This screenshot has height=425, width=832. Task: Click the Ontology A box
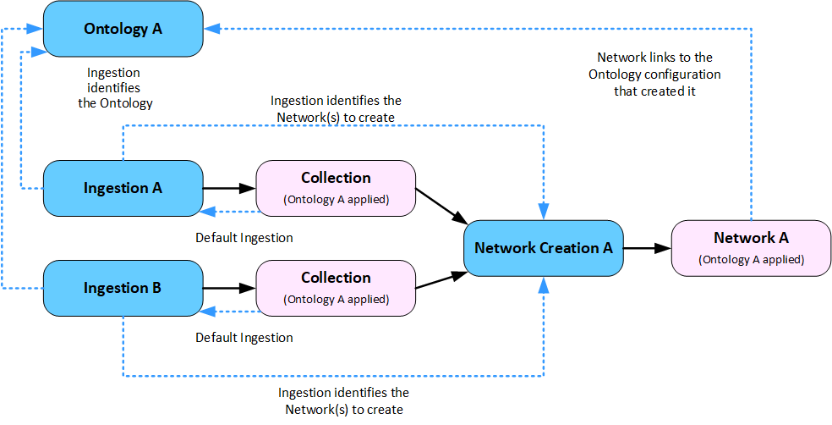coord(123,29)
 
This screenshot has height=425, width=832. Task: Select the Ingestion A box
coord(123,188)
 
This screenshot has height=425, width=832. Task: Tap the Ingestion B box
coord(123,288)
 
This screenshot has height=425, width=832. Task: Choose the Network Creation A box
coord(543,248)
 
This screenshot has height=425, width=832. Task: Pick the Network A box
coord(751,247)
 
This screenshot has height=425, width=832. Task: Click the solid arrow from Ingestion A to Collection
coord(229,188)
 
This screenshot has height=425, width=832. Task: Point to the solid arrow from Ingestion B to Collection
coord(229,288)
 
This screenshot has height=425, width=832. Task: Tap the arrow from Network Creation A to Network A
coord(647,248)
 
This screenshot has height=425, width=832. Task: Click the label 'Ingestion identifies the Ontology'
coord(114,88)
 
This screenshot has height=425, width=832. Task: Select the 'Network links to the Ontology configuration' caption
coord(654,75)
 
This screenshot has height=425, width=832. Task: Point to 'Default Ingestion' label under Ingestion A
coord(244,238)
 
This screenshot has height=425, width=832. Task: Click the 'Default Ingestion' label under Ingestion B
coord(244,338)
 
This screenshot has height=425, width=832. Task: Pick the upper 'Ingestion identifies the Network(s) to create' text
coord(336,108)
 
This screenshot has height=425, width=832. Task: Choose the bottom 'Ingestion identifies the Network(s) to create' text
coord(343,401)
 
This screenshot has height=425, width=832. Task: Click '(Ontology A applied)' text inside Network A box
coord(751,259)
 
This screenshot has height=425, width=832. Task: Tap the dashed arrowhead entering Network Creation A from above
coord(544,213)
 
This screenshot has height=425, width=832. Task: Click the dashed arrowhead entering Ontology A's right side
coord(211,29)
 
